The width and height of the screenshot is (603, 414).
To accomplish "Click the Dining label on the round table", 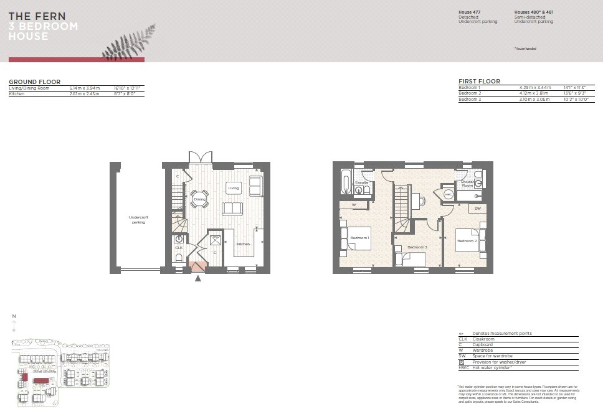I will [x=199, y=199].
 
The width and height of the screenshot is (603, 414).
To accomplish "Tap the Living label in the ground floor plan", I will [x=234, y=187].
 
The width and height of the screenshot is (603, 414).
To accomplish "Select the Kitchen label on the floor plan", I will [x=243, y=244].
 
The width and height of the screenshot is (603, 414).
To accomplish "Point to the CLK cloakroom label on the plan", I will [x=179, y=248].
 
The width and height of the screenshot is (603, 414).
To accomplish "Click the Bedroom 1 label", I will [x=359, y=238].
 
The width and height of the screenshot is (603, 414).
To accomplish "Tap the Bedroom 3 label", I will [x=417, y=247].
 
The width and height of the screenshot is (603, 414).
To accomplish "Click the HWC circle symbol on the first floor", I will [x=448, y=194].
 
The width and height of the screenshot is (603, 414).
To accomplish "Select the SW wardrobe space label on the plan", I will [x=477, y=209].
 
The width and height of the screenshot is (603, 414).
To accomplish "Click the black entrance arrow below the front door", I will [x=198, y=278].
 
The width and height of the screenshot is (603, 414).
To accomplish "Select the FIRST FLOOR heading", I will [x=479, y=82].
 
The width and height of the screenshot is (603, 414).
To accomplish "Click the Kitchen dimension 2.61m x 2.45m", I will [x=84, y=93].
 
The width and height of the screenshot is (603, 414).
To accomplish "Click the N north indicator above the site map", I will [x=14, y=317].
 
